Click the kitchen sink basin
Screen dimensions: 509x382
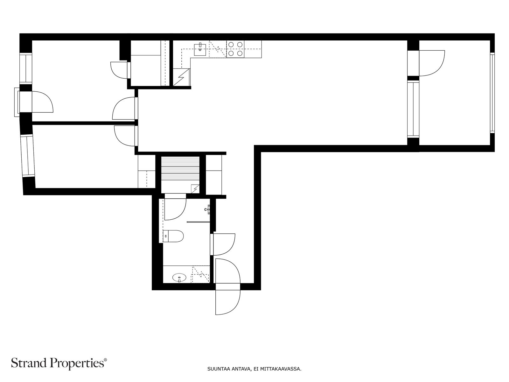[200, 49]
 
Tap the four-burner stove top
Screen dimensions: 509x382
[235, 49]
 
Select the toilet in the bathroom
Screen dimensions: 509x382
[173, 236]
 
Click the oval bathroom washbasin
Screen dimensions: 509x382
[179, 277]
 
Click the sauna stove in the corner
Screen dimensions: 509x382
[195, 188]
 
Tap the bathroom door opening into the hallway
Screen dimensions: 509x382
[223, 244]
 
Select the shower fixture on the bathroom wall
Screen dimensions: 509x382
[207, 209]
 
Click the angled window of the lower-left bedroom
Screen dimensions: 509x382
[28, 157]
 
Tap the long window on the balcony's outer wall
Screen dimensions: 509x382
[492, 93]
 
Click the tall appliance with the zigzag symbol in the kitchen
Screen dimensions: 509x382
[182, 77]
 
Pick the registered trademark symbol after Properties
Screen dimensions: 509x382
[105, 360]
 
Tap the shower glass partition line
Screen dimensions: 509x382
[199, 222]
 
